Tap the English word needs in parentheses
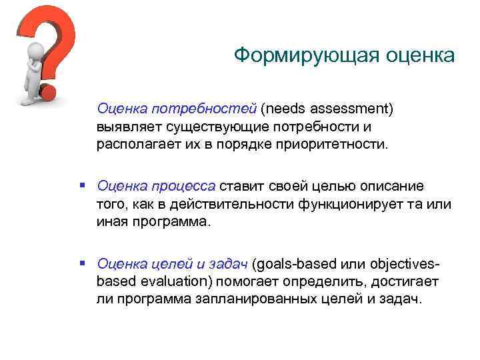283,109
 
